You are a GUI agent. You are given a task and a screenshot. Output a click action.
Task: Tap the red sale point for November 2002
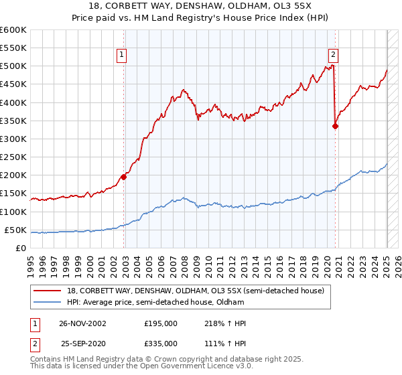click(124, 177)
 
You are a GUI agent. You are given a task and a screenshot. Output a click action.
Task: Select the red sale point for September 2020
click(336, 125)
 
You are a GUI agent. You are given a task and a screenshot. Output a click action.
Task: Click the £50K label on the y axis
click(15, 230)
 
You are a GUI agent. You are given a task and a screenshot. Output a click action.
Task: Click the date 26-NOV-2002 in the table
click(82, 323)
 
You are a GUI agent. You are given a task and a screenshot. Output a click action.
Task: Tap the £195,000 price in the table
click(161, 323)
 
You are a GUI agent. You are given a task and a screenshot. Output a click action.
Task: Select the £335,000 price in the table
click(161, 343)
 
